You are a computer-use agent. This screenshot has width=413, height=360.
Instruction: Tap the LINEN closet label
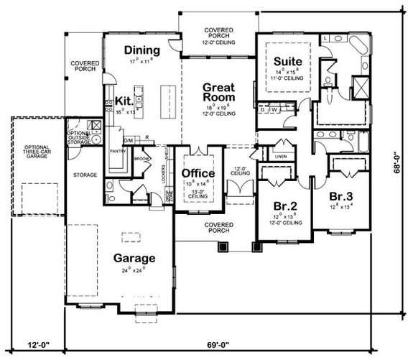(280, 156)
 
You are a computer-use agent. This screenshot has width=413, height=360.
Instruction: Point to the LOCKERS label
(165, 176)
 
